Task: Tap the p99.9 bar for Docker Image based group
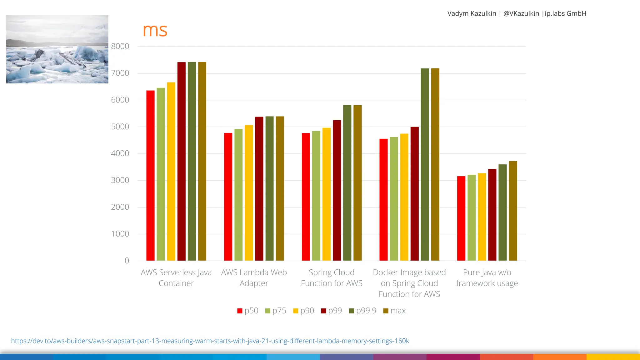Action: pyautogui.click(x=425, y=164)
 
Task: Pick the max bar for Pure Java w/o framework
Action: pyautogui.click(x=513, y=211)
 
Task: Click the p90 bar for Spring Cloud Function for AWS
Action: pyautogui.click(x=326, y=194)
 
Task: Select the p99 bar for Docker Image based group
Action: pyautogui.click(x=414, y=194)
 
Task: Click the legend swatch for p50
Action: pyautogui.click(x=240, y=311)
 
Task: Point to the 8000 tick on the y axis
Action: pyautogui.click(x=120, y=46)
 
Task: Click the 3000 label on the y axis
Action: pyautogui.click(x=120, y=180)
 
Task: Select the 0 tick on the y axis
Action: pyautogui.click(x=127, y=261)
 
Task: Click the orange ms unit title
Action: pyautogui.click(x=155, y=31)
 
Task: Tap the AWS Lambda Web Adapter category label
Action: pyautogui.click(x=254, y=277)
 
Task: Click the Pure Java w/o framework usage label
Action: pyautogui.click(x=487, y=277)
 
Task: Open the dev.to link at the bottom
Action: pyautogui.click(x=210, y=341)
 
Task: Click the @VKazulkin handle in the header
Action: pyautogui.click(x=521, y=13)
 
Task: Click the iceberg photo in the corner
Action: pyautogui.click(x=57, y=49)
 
